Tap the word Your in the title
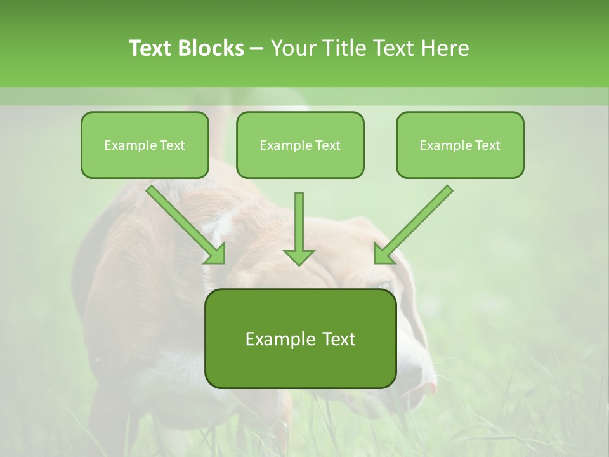[296, 48]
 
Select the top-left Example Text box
[145, 145]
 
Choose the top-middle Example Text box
[300, 145]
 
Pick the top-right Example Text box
[460, 145]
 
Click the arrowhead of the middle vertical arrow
[299, 256]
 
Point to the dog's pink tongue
[429, 387]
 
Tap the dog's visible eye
[385, 284]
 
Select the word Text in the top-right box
[488, 145]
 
